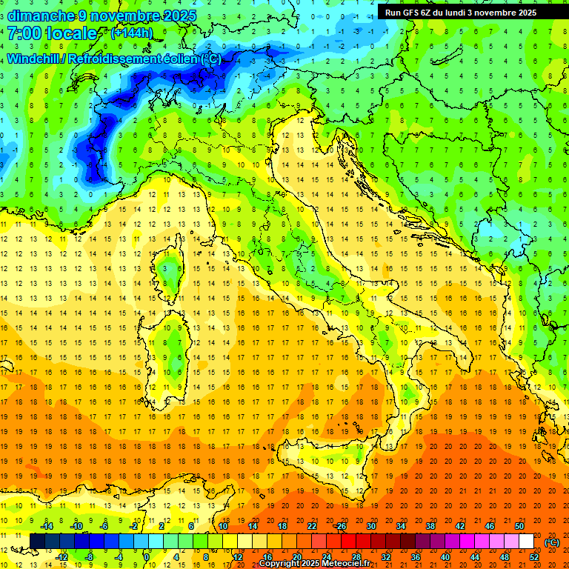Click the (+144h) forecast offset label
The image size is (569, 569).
click(x=131, y=33)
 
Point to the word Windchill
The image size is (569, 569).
click(x=34, y=59)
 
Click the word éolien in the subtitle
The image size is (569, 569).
click(x=169, y=59)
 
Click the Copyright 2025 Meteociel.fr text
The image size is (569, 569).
click(x=319, y=563)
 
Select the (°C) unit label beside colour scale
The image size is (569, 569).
click(x=551, y=542)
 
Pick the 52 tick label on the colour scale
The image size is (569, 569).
click(x=533, y=556)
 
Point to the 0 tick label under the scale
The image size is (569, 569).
click(x=147, y=556)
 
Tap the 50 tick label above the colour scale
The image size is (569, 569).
click(x=519, y=526)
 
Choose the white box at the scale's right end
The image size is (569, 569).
click(x=526, y=542)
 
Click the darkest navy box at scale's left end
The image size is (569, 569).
click(x=37, y=542)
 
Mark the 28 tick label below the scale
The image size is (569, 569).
click(x=356, y=556)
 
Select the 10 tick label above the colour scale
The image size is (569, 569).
click(x=222, y=526)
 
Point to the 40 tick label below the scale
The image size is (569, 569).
click(x=445, y=556)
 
